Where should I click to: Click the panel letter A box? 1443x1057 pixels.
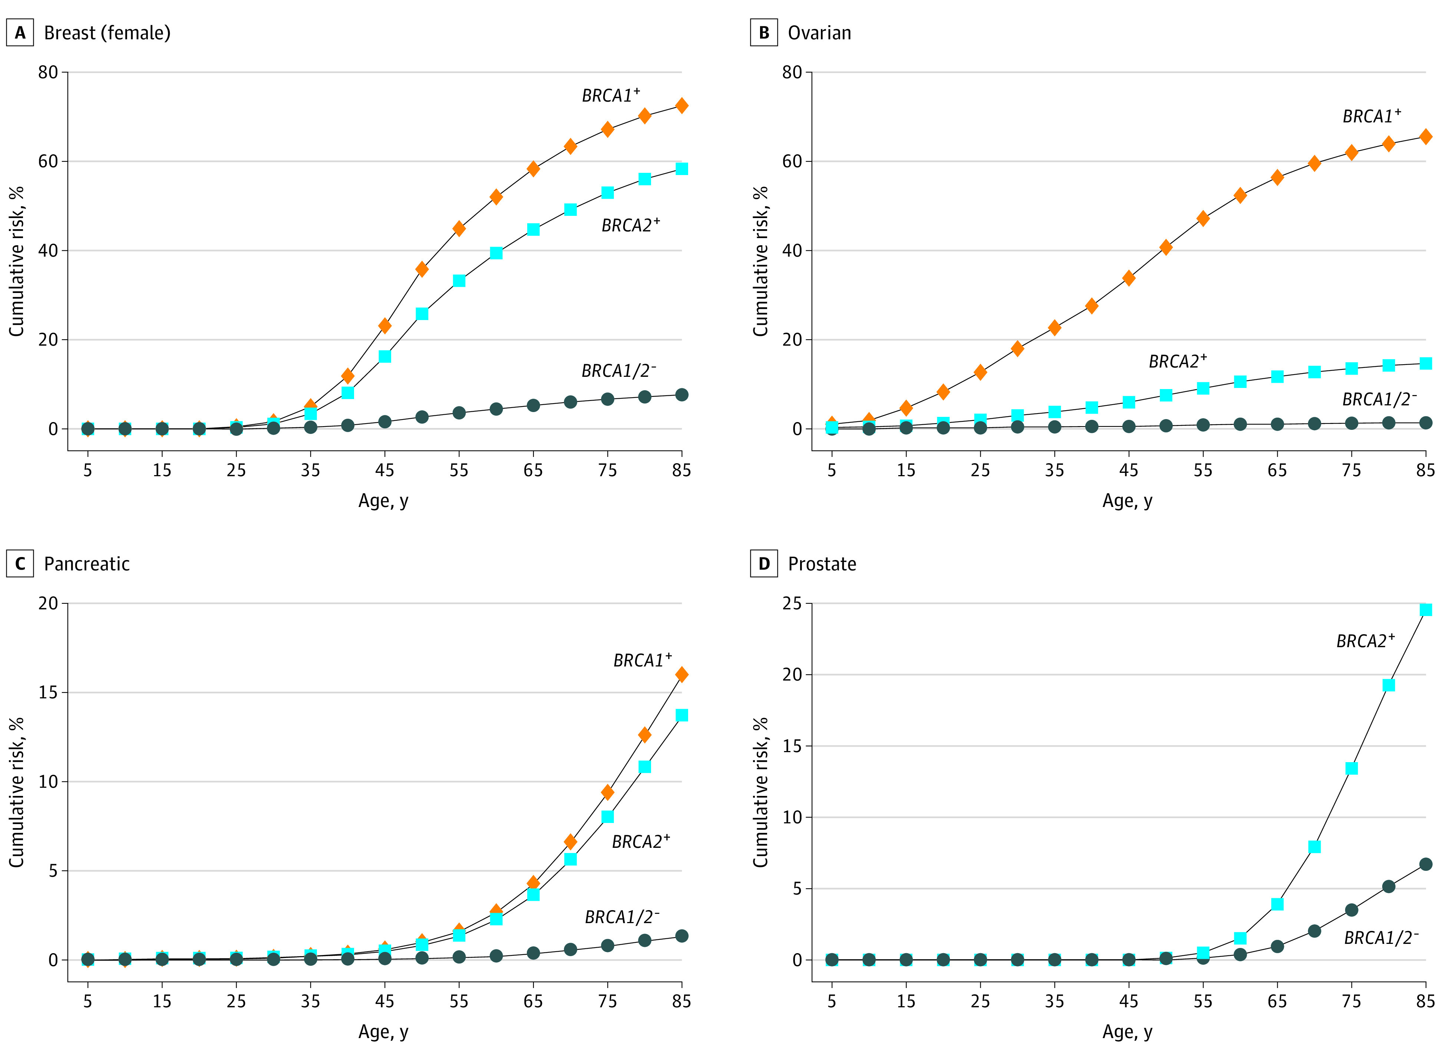point(20,33)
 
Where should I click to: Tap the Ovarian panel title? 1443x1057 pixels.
point(819,33)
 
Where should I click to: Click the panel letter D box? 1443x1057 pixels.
point(764,564)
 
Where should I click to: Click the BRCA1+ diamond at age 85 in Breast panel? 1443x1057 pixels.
point(682,106)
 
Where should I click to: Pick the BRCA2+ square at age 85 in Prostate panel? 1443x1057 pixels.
point(1426,610)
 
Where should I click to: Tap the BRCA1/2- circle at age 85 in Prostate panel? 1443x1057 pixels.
point(1426,864)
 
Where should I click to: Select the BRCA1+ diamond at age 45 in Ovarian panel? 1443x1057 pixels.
point(1129,278)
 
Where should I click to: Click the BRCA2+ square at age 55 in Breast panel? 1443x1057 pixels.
point(459,280)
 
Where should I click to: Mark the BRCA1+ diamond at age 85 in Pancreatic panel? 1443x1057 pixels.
point(682,674)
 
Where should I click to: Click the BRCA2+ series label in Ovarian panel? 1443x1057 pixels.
point(1178,361)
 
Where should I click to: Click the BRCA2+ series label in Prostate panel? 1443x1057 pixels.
point(1366,641)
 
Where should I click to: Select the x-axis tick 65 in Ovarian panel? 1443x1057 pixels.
point(1277,470)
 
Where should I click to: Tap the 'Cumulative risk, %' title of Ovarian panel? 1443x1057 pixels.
point(760,261)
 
